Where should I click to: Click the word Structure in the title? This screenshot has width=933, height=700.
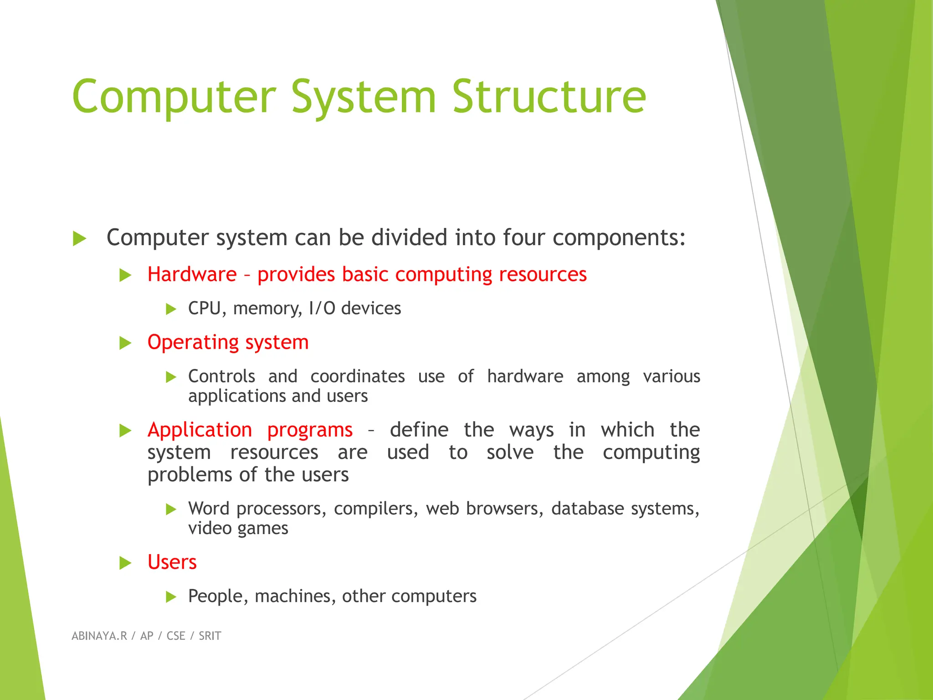(549, 97)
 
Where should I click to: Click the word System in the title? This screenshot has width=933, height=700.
(364, 97)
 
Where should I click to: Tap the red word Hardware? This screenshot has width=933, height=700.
(192, 274)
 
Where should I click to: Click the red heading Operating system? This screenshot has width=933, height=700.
(228, 342)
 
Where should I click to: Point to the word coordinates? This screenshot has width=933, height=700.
(358, 376)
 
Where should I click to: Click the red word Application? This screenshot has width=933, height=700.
(200, 430)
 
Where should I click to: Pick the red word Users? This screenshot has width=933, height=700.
(172, 562)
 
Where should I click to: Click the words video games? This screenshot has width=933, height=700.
(238, 528)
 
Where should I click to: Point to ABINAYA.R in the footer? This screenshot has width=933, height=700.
(99, 636)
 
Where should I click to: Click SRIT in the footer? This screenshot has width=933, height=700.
(210, 636)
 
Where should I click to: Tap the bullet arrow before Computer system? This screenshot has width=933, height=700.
(79, 238)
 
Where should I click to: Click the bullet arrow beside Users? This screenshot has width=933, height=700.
(125, 563)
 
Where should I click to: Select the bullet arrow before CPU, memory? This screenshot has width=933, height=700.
(171, 309)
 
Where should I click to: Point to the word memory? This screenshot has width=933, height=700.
(267, 309)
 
